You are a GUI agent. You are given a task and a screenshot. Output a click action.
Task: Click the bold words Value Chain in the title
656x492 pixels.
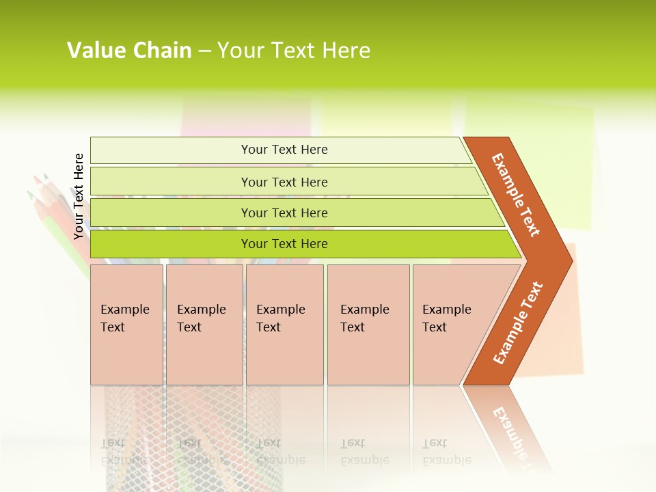click(129, 51)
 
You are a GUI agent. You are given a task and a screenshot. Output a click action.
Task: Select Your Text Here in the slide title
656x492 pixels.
click(294, 51)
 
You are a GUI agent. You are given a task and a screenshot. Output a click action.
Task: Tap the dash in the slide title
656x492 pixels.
click(204, 51)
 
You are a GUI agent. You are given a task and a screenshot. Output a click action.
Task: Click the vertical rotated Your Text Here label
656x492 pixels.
click(79, 196)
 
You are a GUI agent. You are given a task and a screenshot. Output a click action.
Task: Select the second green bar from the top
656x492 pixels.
click(284, 182)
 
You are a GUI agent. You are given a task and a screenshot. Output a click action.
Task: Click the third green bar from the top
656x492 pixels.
click(284, 213)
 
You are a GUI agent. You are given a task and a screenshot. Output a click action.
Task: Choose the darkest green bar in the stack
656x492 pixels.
click(284, 244)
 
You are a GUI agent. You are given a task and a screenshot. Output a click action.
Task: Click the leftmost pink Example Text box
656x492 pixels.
click(126, 325)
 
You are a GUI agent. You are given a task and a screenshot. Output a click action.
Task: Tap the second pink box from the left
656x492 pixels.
click(204, 325)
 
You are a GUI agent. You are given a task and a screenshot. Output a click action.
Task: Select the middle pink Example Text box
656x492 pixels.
click(284, 325)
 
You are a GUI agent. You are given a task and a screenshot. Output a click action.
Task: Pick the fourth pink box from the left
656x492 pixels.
click(368, 325)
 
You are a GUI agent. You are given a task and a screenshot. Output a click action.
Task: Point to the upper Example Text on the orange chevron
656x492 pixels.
click(516, 195)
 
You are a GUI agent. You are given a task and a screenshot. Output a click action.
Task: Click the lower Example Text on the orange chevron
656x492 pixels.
click(517, 323)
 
